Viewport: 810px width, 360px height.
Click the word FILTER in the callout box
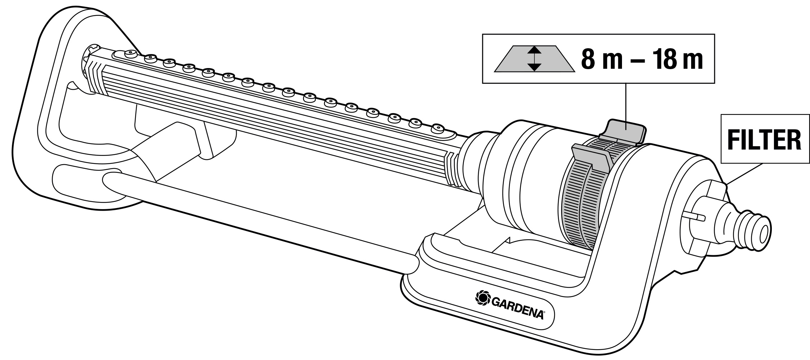point(764,139)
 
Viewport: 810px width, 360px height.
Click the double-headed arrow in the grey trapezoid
point(535,59)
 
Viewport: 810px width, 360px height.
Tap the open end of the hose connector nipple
point(763,236)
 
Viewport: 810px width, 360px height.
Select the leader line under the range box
point(626,107)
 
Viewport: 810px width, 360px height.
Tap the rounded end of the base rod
point(110,181)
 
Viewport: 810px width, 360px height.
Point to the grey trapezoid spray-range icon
point(535,59)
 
